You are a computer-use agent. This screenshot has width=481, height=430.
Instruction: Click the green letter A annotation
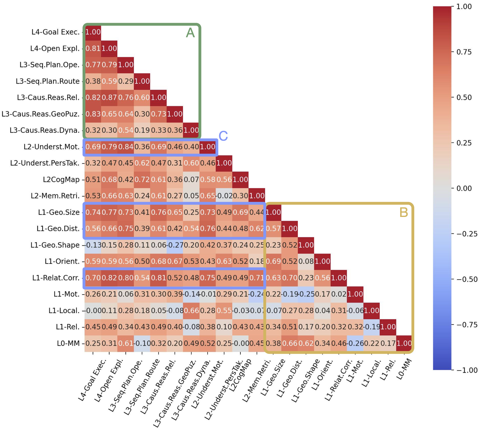[190, 33]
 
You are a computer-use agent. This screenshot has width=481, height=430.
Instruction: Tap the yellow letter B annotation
[403, 212]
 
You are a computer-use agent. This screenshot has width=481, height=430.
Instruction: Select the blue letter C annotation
[223, 136]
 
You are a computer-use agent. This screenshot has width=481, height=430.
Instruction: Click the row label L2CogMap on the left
[61, 180]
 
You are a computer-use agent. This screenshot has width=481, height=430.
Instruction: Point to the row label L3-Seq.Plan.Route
[47, 81]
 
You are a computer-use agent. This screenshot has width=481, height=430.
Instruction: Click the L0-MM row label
[68, 343]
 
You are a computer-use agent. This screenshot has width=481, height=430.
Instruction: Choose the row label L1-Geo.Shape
[55, 245]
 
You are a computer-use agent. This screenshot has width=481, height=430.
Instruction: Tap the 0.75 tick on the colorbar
[464, 52]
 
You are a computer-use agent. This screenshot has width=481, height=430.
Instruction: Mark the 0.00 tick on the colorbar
[464, 188]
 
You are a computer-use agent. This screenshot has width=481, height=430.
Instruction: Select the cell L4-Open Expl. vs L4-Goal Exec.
[93, 49]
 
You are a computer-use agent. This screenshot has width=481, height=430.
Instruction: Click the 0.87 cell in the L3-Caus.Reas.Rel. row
[109, 98]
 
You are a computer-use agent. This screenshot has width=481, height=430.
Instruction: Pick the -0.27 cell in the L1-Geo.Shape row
[175, 245]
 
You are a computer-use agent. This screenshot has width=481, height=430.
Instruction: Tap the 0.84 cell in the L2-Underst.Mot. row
[126, 147]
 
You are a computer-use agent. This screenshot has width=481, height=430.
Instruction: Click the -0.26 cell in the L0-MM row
[355, 343]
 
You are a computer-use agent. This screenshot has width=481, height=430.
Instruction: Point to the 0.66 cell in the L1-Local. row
[191, 311]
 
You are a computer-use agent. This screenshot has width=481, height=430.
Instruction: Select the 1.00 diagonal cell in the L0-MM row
[404, 343]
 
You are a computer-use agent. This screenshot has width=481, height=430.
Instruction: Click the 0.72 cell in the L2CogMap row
[142, 180]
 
